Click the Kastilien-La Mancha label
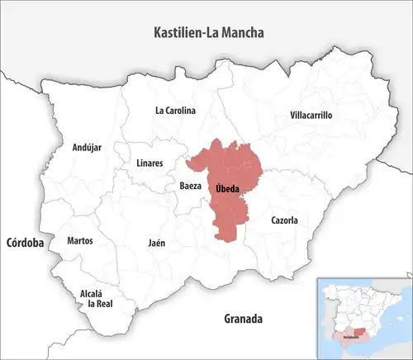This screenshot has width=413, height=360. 207,33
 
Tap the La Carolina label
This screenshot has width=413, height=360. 175,110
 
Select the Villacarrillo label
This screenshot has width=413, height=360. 311,116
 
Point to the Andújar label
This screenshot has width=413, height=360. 87,148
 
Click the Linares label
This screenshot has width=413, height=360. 149,163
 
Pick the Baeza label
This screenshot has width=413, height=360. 190,187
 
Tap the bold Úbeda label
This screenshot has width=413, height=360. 227,189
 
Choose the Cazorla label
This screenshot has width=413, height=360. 284,220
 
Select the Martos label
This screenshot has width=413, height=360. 80,241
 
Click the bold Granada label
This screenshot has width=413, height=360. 243,318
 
